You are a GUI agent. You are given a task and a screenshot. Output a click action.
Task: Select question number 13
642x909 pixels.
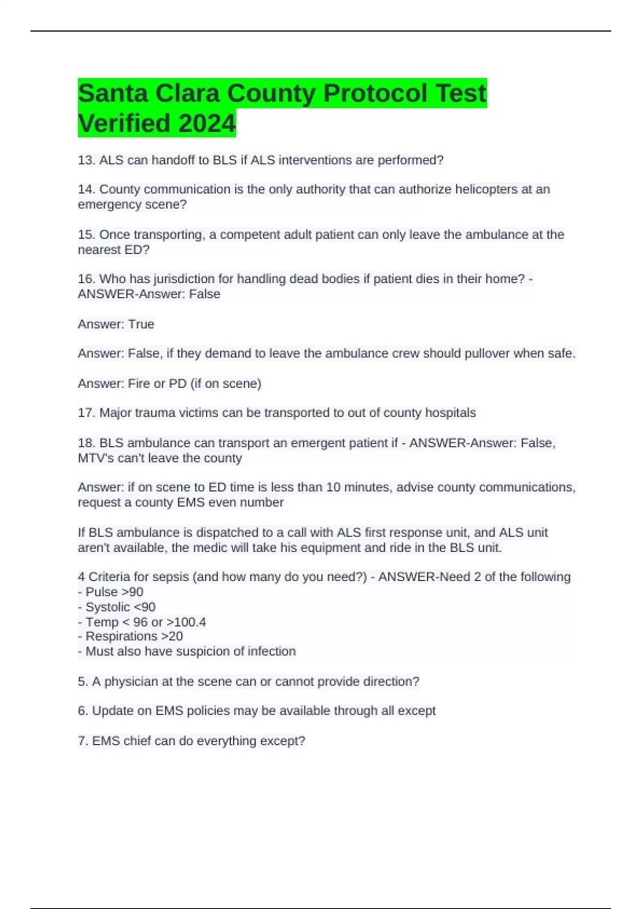click(86, 160)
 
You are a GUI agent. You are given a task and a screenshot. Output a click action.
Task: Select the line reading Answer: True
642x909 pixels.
click(116, 324)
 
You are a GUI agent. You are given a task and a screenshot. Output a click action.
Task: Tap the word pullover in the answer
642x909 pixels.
click(485, 353)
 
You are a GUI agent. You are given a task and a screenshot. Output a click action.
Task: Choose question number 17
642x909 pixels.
click(86, 413)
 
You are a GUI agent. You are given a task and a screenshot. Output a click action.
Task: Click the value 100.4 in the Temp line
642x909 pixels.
click(190, 622)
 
